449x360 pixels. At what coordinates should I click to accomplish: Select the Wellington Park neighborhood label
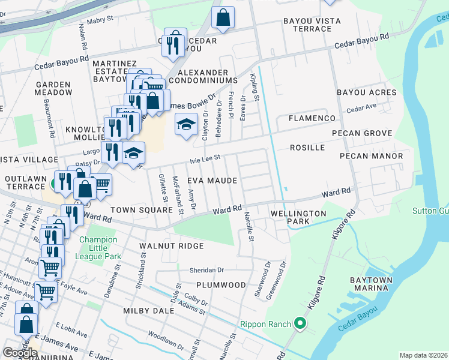(298, 217)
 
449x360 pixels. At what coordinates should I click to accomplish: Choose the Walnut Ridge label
(172, 246)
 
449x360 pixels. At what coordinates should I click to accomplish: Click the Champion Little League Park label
(100, 248)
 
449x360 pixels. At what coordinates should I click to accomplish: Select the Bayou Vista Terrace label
(312, 25)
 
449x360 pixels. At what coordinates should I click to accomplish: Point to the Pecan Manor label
(371, 156)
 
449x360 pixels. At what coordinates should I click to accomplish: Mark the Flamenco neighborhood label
(311, 118)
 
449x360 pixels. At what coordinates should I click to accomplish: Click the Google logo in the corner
(20, 352)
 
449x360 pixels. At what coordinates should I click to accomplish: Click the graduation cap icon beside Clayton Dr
(186, 125)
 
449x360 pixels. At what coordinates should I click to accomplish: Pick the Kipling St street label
(255, 88)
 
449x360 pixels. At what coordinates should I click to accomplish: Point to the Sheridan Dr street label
(206, 270)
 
